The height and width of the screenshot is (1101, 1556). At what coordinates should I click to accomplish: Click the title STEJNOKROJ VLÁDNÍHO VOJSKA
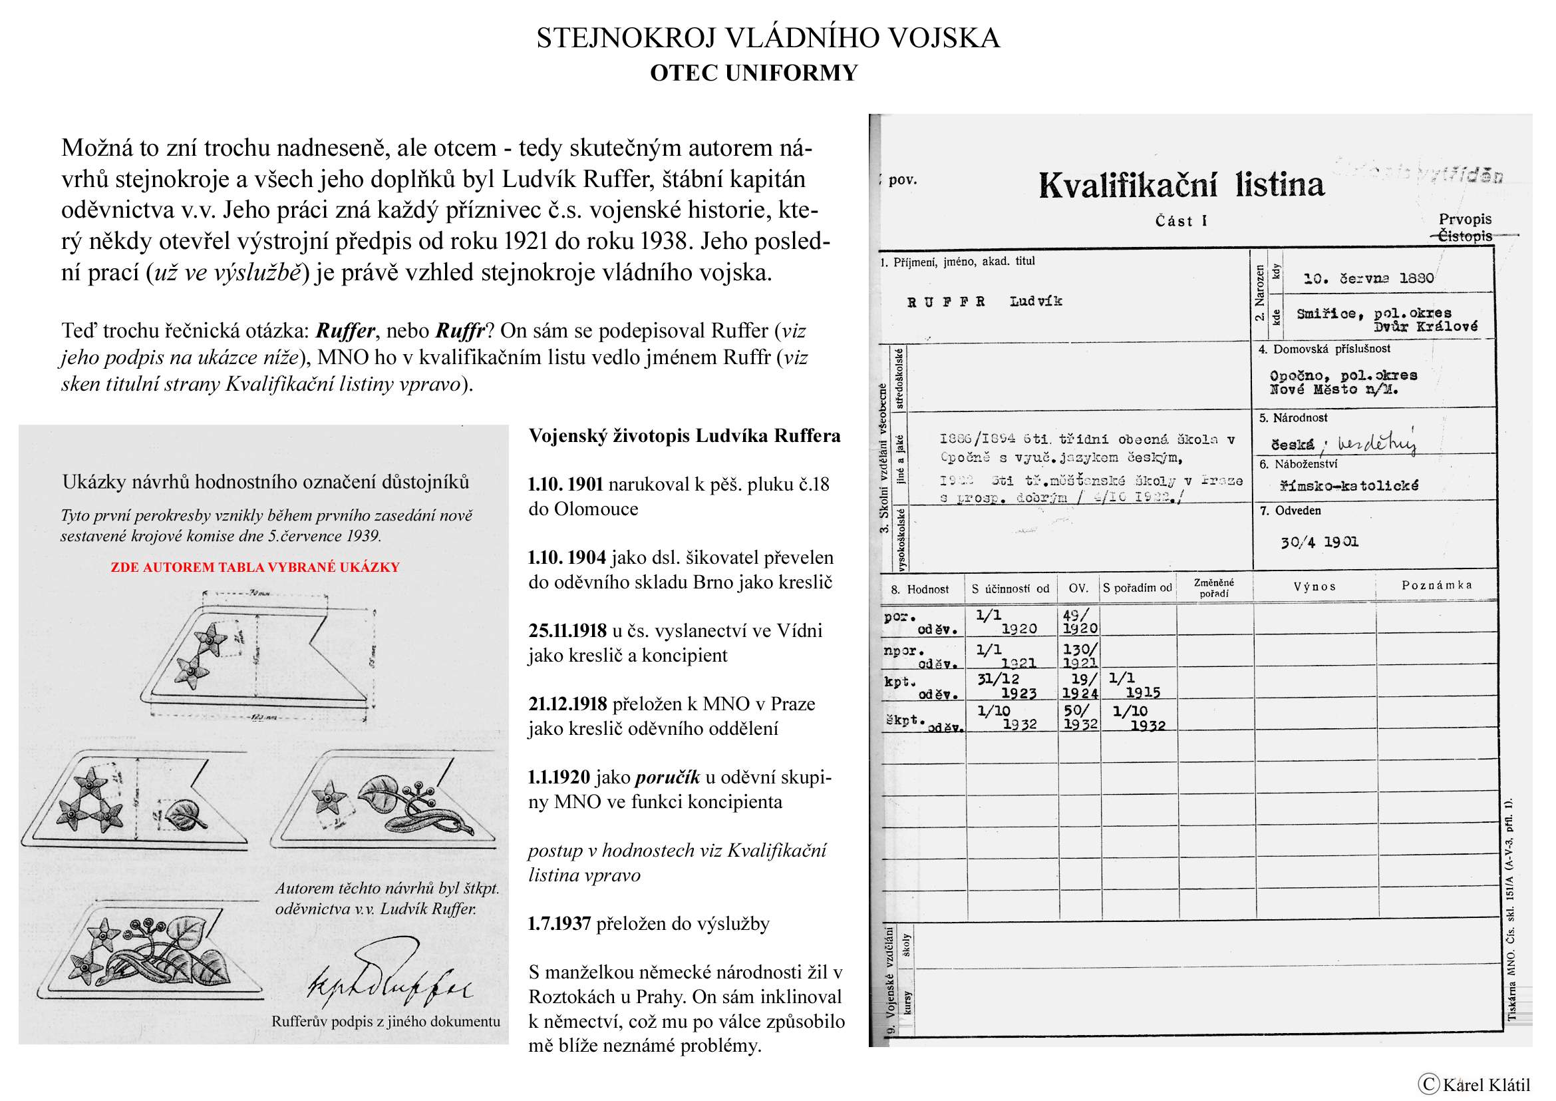768,38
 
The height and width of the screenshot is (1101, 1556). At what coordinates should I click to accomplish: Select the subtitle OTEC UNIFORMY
754,73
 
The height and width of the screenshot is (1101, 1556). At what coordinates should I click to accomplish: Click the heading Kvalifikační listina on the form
1181,185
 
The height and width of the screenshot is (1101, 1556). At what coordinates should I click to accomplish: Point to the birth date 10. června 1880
1368,278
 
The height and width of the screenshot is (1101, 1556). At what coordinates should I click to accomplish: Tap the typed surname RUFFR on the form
946,302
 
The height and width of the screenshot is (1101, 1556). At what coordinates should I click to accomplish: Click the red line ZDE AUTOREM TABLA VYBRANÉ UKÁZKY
255,566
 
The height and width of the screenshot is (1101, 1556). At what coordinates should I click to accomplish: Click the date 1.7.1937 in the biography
559,923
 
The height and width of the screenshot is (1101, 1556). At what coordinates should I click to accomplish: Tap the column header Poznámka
1437,585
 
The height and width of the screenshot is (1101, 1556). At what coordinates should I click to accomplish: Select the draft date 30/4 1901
1319,542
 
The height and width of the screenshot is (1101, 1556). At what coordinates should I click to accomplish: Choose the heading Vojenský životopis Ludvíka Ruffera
685,435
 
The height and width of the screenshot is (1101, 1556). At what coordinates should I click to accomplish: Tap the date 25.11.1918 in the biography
567,630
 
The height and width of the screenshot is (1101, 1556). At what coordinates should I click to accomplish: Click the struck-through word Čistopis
1464,236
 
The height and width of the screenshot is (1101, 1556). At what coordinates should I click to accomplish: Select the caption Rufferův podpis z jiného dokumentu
386,1021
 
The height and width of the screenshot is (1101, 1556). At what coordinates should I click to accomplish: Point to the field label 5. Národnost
1293,417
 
